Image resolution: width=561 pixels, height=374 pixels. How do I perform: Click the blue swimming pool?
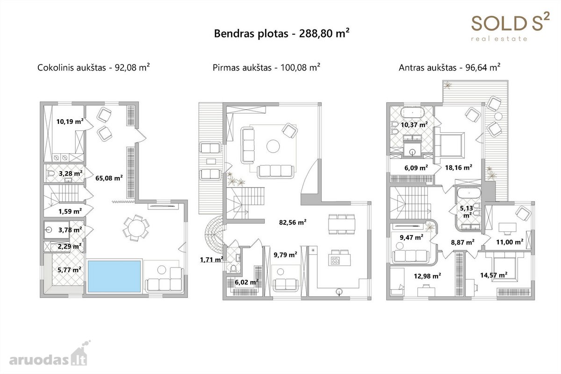[114, 276]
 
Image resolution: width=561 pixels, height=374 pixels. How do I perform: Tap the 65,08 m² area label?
[109, 178]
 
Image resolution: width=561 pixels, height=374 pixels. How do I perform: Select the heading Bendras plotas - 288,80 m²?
[281, 33]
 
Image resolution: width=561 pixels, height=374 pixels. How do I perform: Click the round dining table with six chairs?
[136, 228]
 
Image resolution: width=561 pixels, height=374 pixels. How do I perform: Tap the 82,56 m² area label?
[293, 222]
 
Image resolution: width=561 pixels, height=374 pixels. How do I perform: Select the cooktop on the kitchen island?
[335, 261]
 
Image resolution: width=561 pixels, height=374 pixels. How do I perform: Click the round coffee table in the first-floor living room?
[273, 146]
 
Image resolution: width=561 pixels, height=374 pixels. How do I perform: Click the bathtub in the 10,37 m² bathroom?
[412, 113]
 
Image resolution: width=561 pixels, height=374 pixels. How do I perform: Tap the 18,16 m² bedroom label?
[459, 167]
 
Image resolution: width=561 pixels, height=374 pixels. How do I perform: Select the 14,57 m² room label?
[494, 275]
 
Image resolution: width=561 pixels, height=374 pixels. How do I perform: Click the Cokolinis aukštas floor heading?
[93, 67]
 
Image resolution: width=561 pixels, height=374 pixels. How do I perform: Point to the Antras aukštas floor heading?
[450, 67]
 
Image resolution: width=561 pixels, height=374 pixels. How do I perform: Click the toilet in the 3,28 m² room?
[51, 173]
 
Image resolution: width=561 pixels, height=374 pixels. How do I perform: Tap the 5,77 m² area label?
[69, 270]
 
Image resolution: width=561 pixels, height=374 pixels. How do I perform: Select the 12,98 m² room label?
[427, 276]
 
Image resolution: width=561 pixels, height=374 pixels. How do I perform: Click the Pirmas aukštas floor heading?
[266, 67]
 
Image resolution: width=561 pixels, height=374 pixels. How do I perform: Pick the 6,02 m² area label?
[246, 282]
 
